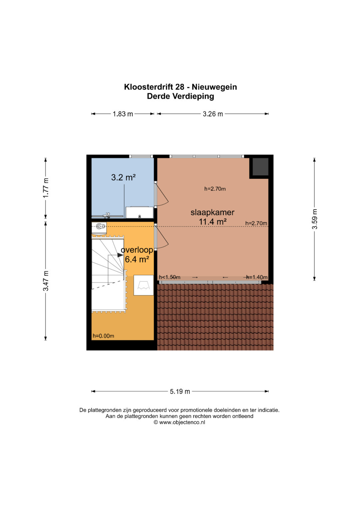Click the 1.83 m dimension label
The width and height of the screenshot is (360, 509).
123,114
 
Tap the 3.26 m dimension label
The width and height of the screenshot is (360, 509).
213,114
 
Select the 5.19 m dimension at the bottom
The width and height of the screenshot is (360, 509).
180,391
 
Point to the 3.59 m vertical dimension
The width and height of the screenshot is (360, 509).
315,219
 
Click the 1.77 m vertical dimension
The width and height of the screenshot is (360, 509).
46,188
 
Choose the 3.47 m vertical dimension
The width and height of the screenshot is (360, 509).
46,281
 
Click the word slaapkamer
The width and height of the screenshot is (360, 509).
212,212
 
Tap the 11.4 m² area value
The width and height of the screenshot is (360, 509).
213,222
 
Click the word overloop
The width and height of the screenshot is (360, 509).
137,250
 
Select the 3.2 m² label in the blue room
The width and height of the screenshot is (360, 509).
123,177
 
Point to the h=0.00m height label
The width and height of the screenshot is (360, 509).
103,336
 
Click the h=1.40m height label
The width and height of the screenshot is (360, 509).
257,277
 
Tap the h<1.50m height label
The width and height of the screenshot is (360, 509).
170,277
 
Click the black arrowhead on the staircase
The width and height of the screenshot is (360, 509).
120,255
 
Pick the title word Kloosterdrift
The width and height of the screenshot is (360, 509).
149,87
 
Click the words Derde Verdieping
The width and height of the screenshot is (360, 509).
180,96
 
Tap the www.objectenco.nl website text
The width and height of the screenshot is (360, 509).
182,422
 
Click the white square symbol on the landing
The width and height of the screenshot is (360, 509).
143,285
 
